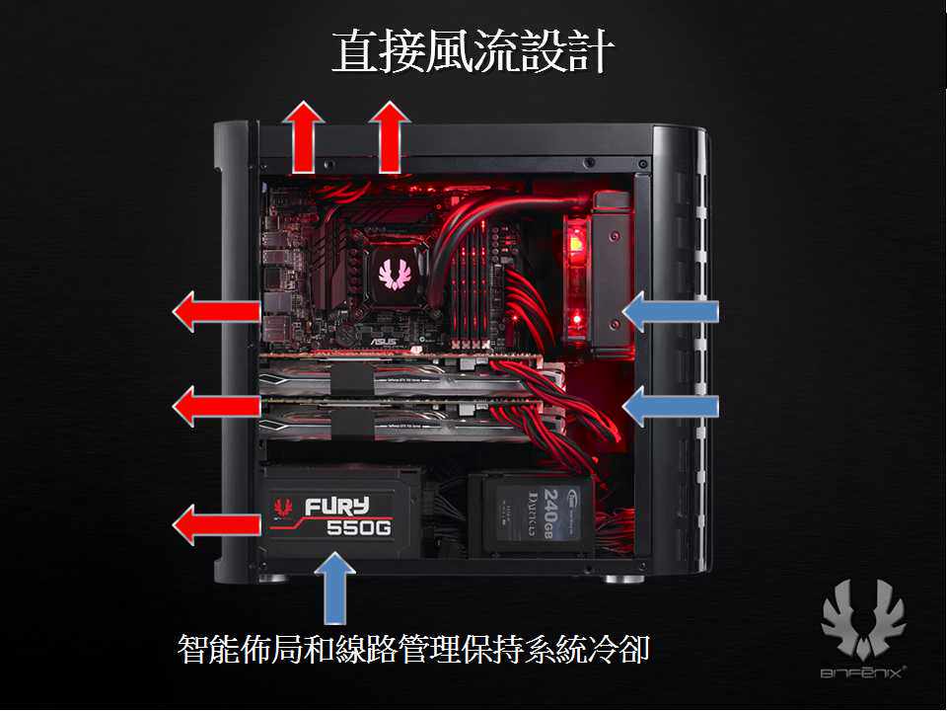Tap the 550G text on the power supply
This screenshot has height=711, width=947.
click(358, 529)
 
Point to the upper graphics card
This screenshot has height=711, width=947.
click(404, 376)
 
